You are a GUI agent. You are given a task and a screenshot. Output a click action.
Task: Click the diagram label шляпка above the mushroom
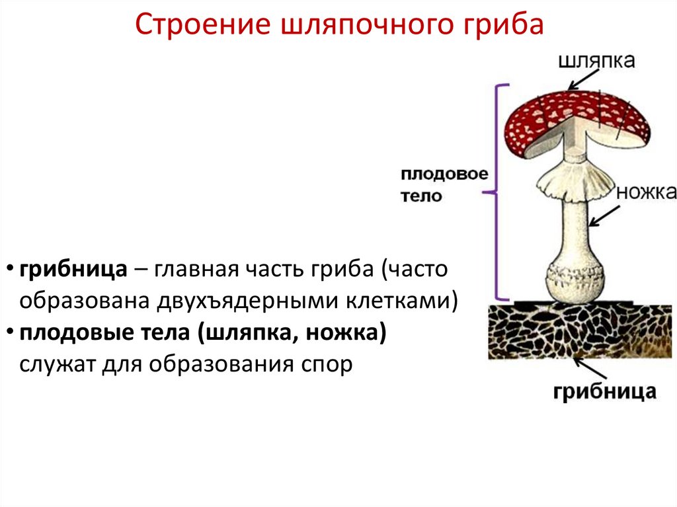596,61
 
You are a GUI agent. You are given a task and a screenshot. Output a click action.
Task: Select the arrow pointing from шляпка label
581,81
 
